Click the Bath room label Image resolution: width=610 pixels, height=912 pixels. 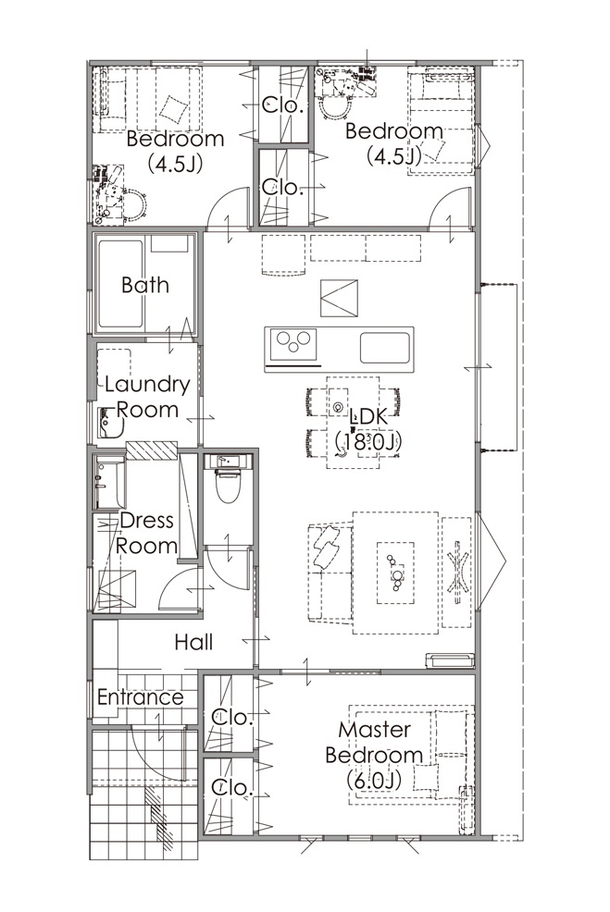[x=145, y=285]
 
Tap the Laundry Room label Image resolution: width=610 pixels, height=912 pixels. [x=148, y=397]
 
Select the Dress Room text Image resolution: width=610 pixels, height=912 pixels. [x=146, y=533]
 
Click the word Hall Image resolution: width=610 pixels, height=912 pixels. [x=193, y=642]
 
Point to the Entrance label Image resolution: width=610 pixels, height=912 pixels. [x=141, y=696]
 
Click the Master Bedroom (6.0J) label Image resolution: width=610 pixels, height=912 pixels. [x=374, y=755]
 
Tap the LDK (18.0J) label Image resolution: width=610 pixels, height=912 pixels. [x=369, y=429]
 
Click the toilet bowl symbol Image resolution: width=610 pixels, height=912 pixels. [x=228, y=487]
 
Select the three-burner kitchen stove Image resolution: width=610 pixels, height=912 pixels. [x=291, y=345]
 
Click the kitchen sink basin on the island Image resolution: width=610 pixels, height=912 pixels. [x=385, y=348]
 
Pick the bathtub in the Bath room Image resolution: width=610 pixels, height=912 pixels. [x=121, y=284]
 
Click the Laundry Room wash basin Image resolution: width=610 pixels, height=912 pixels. [x=110, y=423]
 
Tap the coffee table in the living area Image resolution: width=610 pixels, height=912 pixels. [x=396, y=573]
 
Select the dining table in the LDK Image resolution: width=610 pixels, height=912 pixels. [x=354, y=423]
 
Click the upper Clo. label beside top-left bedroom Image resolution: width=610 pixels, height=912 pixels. [x=283, y=105]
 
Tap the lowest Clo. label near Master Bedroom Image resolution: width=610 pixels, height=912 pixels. [x=231, y=789]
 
